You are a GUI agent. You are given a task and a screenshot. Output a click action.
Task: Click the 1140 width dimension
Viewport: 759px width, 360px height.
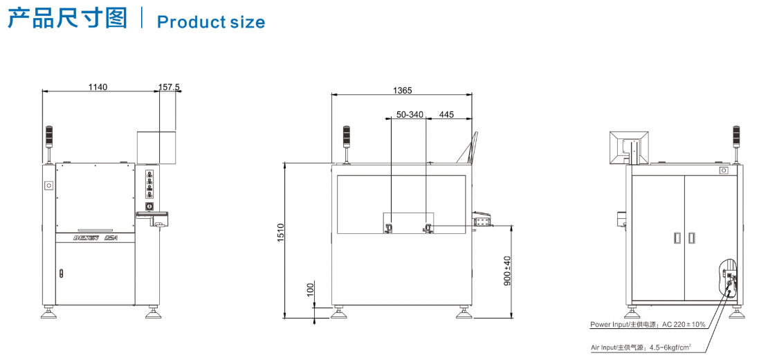pos(98,87)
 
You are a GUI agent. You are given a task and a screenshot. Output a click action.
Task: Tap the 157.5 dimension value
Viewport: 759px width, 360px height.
pos(170,87)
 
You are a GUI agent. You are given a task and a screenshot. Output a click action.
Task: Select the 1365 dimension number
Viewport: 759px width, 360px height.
pos(402,91)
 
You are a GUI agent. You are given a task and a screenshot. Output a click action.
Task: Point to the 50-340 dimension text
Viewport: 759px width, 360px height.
pos(410,115)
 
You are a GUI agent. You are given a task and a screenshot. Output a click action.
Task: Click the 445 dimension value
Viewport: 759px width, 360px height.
pos(446,115)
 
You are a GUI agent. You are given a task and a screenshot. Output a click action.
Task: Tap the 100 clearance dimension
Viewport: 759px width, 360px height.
pos(310,289)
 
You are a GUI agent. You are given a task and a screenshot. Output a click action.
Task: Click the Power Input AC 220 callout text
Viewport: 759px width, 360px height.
pos(648,324)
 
